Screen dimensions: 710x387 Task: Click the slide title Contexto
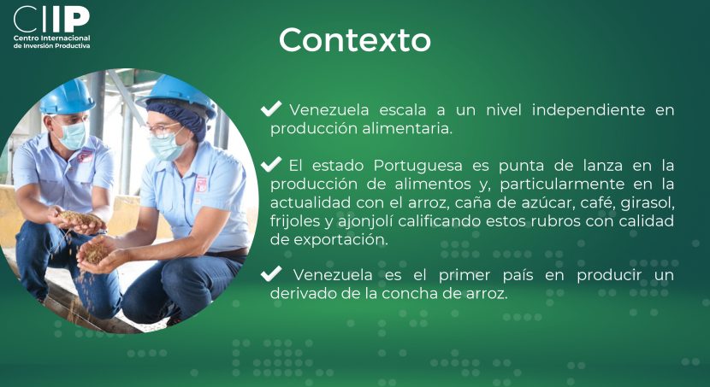point(354,40)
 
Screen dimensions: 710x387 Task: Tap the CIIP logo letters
point(51,19)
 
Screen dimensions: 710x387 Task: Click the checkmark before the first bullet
point(271,108)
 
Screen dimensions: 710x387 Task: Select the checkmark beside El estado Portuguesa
point(271,164)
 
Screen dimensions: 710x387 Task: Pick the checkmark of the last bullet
point(271,273)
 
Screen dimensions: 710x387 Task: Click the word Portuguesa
point(417,167)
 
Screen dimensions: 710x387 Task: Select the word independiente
point(589,110)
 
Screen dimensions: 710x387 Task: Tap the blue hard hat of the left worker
point(67,97)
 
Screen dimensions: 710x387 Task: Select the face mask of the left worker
point(73,136)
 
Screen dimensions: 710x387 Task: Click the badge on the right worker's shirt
point(201,184)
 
